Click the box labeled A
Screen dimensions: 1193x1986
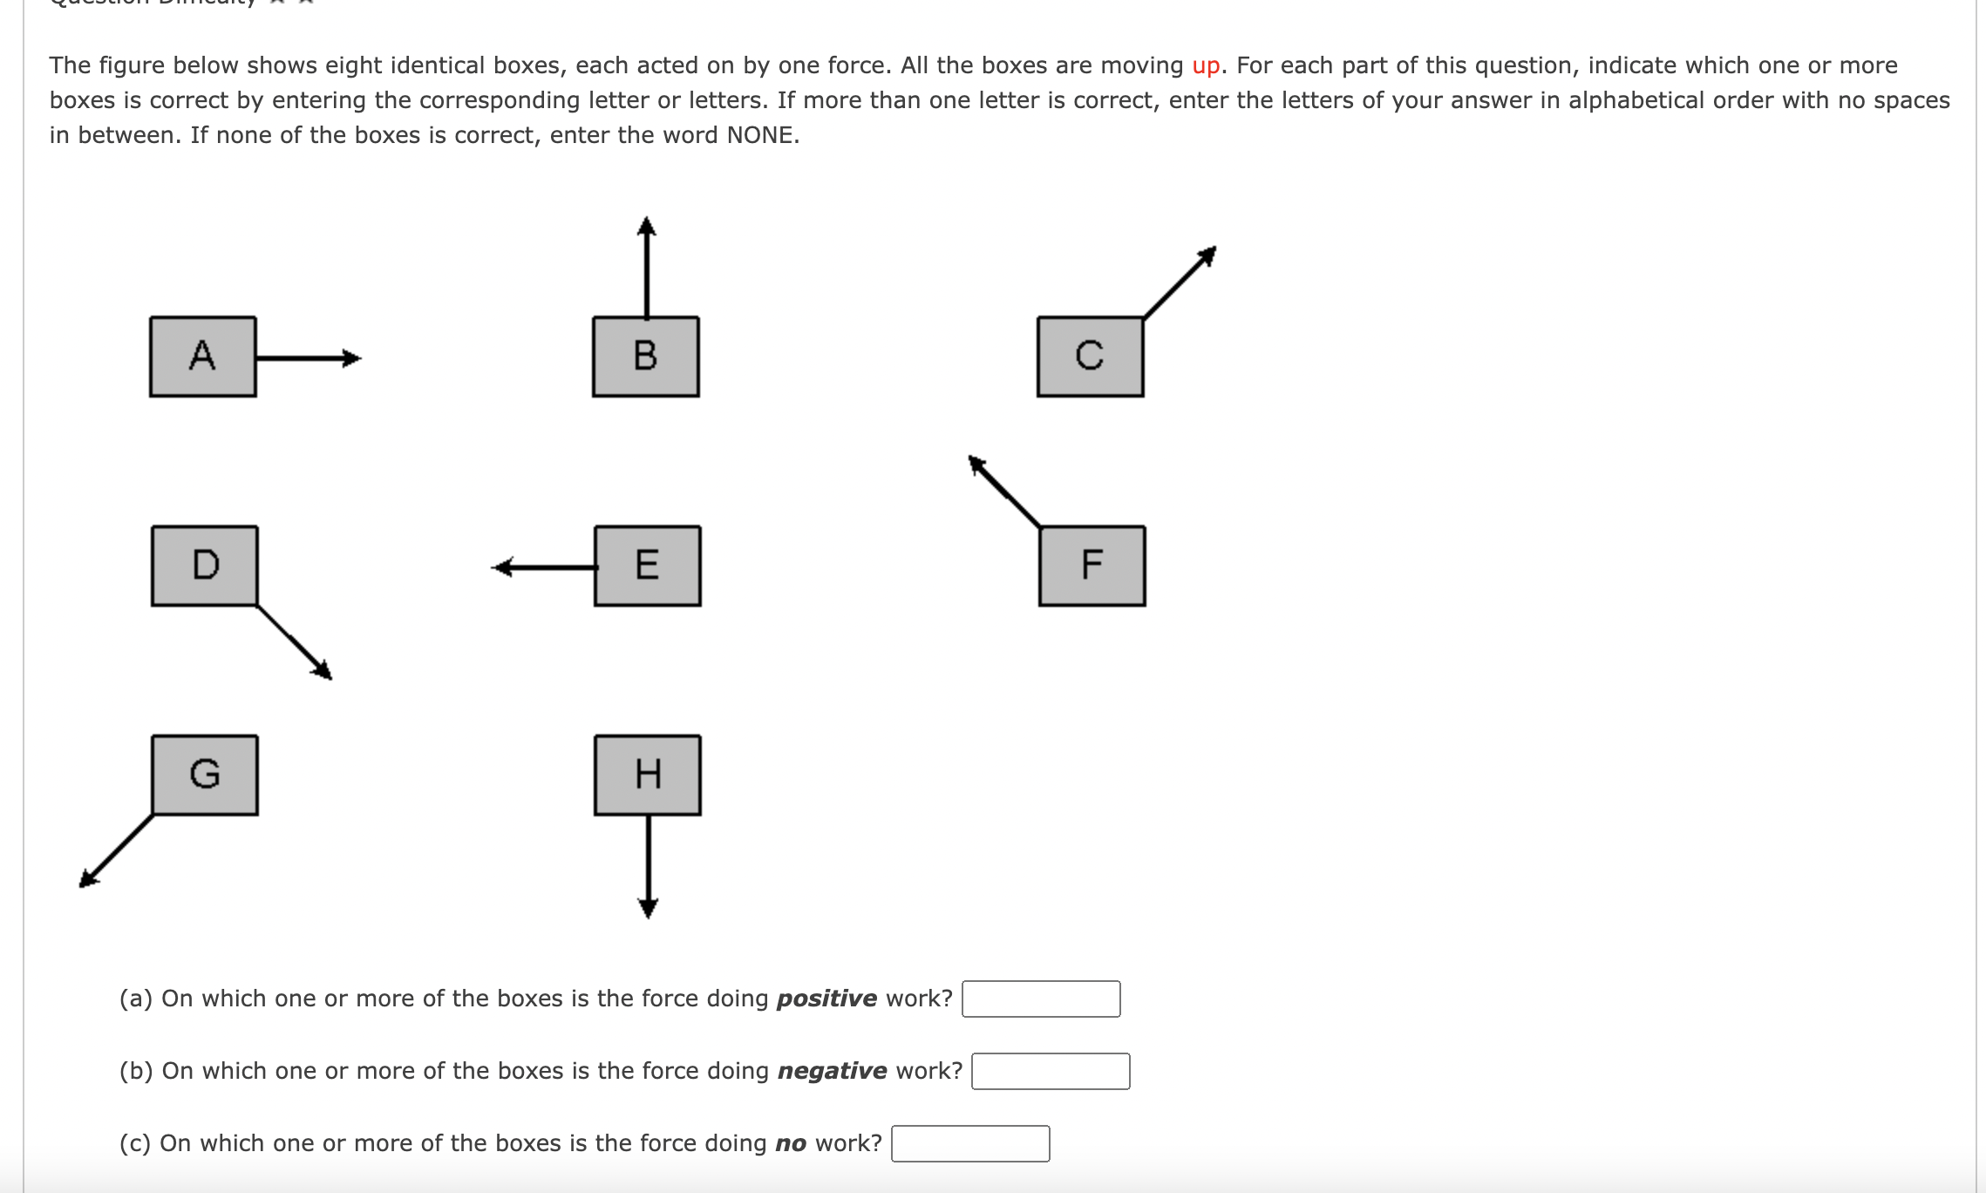[x=202, y=357]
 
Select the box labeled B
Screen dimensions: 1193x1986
[x=645, y=357]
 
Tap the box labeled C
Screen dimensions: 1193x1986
[x=1090, y=357]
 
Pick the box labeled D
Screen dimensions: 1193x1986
[x=205, y=565]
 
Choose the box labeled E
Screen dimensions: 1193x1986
[x=647, y=565]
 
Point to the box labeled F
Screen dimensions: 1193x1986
[x=1092, y=565]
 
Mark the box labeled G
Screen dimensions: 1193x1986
[x=205, y=774]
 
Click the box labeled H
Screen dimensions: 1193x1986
[x=647, y=774]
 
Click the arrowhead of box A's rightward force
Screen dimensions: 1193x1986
[x=352, y=358]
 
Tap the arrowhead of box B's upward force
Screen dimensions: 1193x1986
[x=646, y=227]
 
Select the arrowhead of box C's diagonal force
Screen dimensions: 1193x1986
[x=1207, y=256]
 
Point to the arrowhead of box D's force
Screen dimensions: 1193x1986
[x=323, y=670]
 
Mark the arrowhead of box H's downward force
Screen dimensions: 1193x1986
[x=648, y=909]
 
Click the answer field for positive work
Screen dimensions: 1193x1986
[x=1041, y=999]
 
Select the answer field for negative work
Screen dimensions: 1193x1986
[x=1051, y=1072]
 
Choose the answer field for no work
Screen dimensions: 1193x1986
[x=970, y=1144]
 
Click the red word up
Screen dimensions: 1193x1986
[x=1206, y=66]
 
